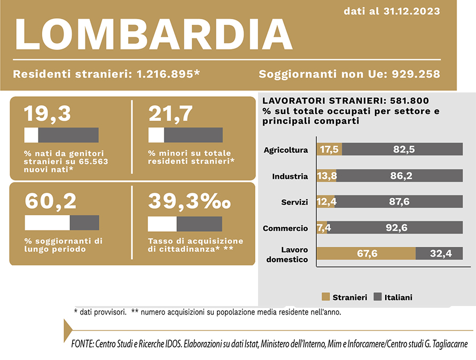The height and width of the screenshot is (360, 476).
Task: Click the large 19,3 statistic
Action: coord(47,113)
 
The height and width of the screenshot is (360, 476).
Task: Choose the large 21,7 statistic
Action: coord(170,113)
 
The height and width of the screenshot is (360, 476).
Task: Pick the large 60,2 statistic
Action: coord(51,201)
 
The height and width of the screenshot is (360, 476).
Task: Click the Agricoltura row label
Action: coord(286,150)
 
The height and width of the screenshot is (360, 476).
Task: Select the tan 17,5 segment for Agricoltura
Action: coord(330,150)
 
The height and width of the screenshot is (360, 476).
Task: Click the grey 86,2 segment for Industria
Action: coord(400,176)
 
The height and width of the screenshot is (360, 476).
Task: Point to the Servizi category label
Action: coord(294,202)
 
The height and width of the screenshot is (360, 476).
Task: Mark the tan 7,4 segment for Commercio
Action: coord(322,228)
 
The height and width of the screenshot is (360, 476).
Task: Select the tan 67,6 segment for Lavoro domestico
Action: coord(366,254)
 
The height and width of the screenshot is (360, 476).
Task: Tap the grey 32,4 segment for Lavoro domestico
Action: coord(439,254)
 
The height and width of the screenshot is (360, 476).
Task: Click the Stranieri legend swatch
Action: coord(325,297)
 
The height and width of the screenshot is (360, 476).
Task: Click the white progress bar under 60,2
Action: coord(47,223)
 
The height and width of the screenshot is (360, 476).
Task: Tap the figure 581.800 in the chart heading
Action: coord(409,100)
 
